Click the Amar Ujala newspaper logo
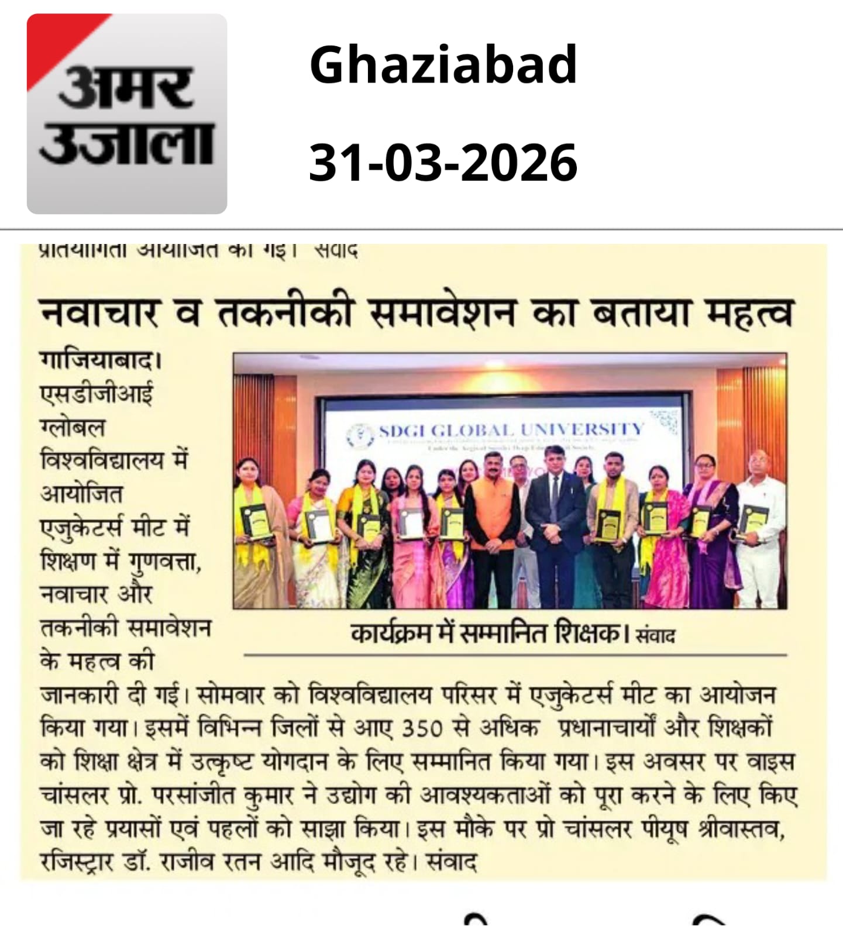click(127, 114)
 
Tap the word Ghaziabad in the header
click(443, 64)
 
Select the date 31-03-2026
click(443, 162)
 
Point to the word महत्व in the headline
click(749, 313)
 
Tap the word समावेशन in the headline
click(443, 313)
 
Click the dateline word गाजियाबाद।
click(100, 360)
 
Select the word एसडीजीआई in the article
click(97, 394)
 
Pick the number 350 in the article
click(422, 729)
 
